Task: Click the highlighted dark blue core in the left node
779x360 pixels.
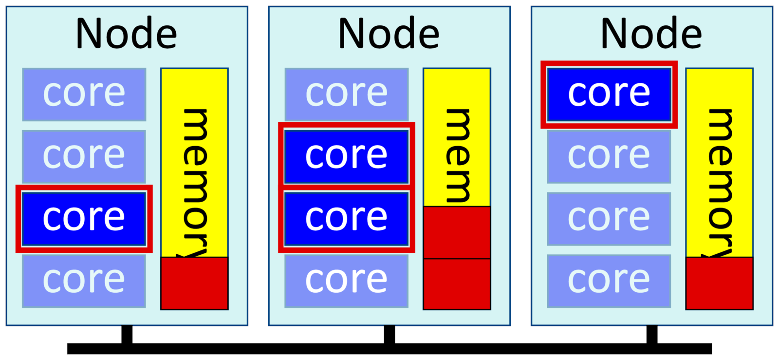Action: point(84,219)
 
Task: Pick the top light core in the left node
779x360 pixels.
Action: point(84,94)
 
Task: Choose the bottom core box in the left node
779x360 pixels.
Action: point(84,281)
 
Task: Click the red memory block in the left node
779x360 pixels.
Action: point(194,284)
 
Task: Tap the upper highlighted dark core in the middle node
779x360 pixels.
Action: point(346,156)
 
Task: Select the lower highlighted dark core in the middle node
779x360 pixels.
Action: point(346,219)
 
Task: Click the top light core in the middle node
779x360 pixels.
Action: point(346,94)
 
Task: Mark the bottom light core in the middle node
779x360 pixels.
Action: point(346,281)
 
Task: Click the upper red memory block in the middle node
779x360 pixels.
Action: point(457,232)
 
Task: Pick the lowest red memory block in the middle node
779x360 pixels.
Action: point(457,284)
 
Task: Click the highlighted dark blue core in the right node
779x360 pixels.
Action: point(609,94)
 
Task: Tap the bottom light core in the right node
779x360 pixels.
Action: point(609,281)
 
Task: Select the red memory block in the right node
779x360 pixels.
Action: point(719,284)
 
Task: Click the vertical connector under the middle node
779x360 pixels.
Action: point(389,335)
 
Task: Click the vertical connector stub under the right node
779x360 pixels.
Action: point(651,335)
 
